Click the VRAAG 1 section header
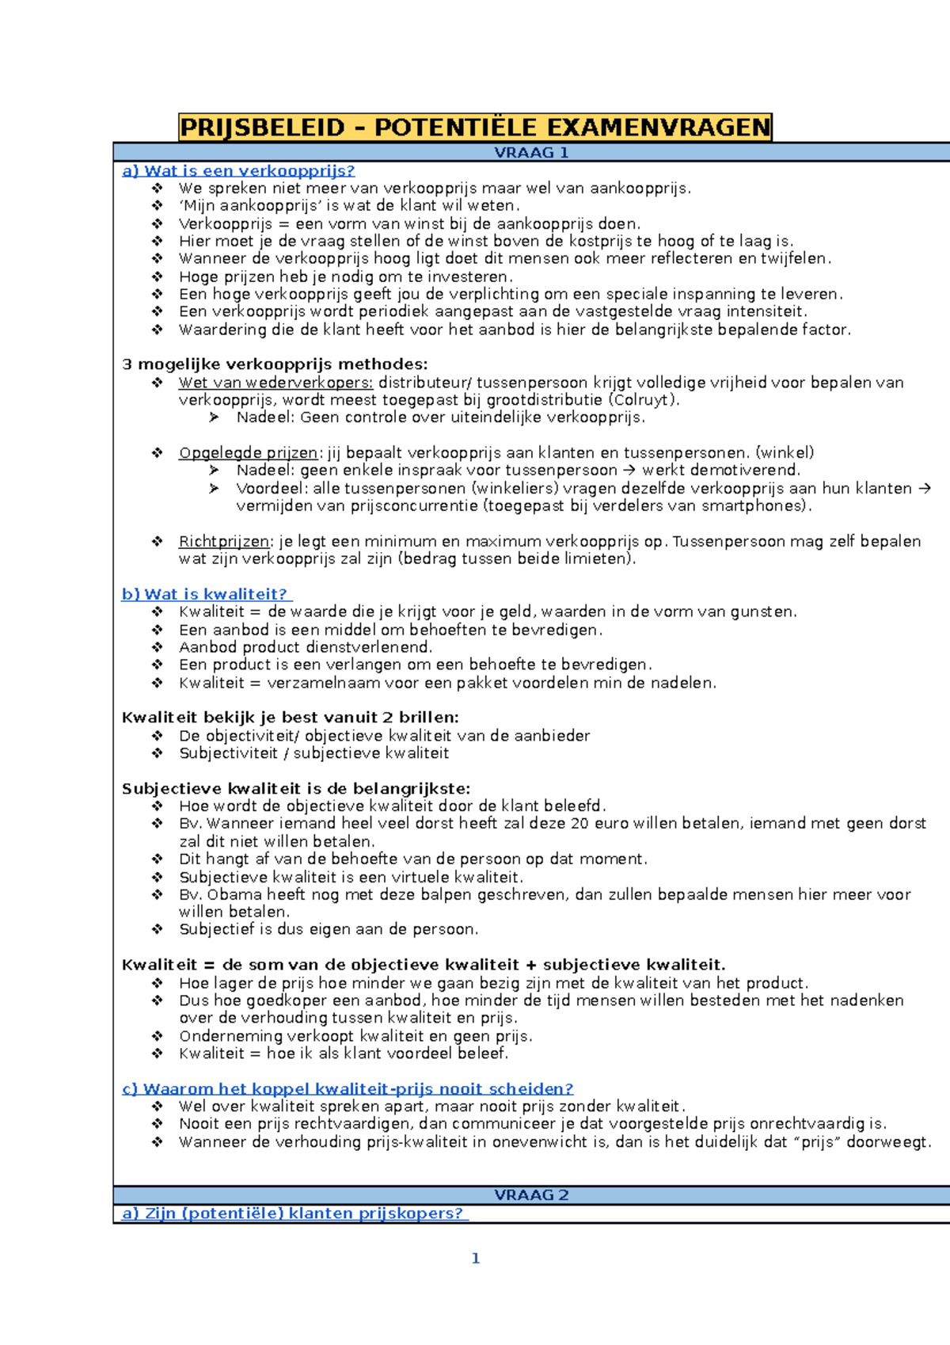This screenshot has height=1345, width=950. (x=531, y=153)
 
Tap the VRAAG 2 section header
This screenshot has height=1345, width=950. (x=531, y=1195)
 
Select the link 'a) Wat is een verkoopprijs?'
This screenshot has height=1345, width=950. (x=238, y=171)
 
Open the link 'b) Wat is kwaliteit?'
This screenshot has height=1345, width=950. (x=206, y=594)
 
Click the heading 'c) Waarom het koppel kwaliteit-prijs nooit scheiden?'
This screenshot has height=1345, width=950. (x=348, y=1089)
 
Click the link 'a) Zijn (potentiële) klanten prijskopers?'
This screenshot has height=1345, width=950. (x=294, y=1214)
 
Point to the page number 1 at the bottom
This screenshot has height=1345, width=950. (x=475, y=1259)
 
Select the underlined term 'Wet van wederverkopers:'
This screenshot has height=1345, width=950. (x=275, y=383)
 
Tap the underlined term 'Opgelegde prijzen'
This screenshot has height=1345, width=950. (x=248, y=453)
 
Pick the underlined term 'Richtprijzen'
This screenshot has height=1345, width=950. (x=224, y=542)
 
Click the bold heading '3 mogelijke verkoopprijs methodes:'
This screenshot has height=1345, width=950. (x=275, y=364)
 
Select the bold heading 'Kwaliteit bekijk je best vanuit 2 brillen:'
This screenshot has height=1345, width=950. (x=290, y=718)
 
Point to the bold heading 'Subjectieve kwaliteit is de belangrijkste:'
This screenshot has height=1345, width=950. (x=296, y=789)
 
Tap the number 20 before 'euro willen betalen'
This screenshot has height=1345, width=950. (x=579, y=824)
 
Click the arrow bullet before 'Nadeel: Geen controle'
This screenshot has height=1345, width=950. (x=214, y=417)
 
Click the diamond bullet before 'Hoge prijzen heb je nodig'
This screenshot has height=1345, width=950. (x=158, y=276)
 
